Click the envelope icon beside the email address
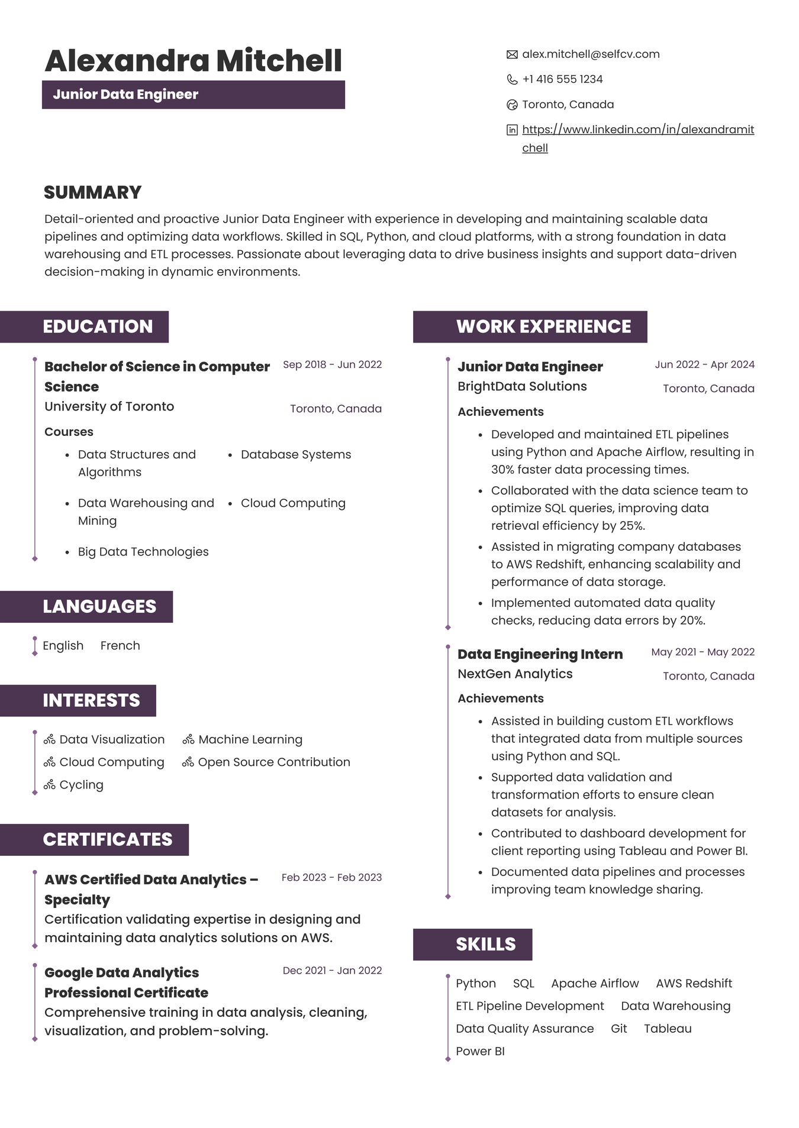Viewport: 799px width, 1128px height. pyautogui.click(x=512, y=54)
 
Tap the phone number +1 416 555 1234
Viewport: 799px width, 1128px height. pyautogui.click(x=562, y=79)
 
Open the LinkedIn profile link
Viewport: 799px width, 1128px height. pyautogui.click(x=637, y=130)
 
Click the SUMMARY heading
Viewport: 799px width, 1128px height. pyautogui.click(x=92, y=192)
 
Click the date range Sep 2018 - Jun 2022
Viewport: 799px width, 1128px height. pyautogui.click(x=332, y=364)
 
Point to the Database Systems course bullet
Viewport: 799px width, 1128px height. pyautogui.click(x=295, y=454)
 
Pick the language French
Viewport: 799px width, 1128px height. pyautogui.click(x=120, y=645)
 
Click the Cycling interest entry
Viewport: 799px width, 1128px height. pyautogui.click(x=81, y=784)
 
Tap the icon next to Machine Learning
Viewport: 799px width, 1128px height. pyautogui.click(x=188, y=739)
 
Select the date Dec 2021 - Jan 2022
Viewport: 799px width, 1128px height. pyautogui.click(x=332, y=970)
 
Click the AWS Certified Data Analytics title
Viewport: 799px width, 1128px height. pyautogui.click(x=151, y=880)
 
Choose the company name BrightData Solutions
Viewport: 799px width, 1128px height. pyautogui.click(x=522, y=386)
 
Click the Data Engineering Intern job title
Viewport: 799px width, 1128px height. pyautogui.click(x=540, y=654)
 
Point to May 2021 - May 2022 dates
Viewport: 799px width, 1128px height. pyautogui.click(x=703, y=652)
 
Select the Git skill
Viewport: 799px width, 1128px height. pyautogui.click(x=618, y=1028)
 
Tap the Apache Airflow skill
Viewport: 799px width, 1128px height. pyautogui.click(x=595, y=983)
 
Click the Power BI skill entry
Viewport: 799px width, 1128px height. pyautogui.click(x=480, y=1051)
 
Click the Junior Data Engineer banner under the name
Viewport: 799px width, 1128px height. pyautogui.click(x=193, y=95)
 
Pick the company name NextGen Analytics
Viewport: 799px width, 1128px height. pyautogui.click(x=515, y=674)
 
